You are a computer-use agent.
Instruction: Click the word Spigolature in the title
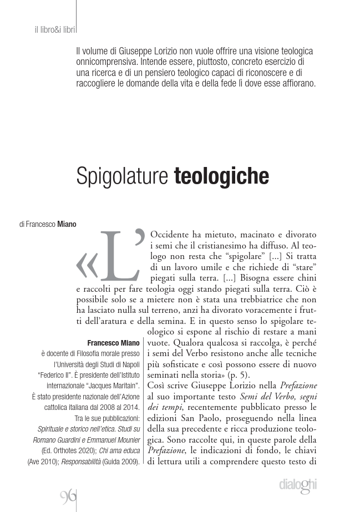click(122, 176)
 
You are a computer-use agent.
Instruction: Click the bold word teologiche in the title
click(221, 176)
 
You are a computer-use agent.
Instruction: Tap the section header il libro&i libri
click(55, 29)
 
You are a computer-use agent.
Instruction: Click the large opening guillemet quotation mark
click(87, 265)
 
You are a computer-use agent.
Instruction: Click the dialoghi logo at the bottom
click(298, 485)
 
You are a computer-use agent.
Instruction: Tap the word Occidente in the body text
click(172, 235)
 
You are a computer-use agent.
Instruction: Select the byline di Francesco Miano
click(47, 225)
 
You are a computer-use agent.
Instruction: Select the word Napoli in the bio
click(129, 364)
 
